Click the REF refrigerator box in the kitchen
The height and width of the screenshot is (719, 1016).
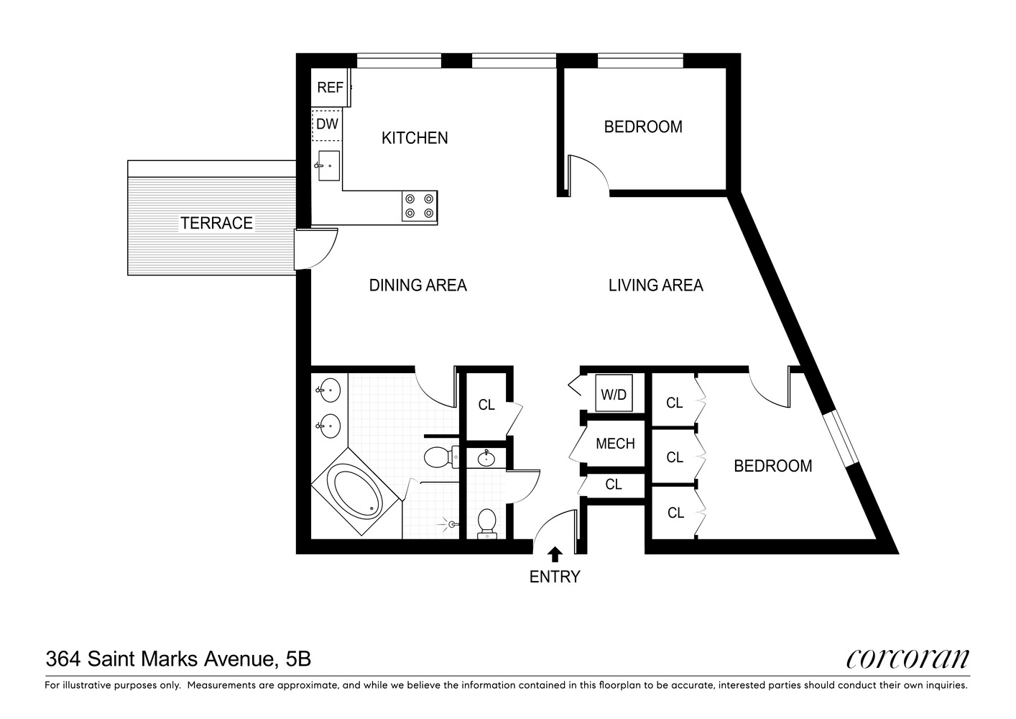330,88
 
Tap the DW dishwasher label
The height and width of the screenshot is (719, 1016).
327,124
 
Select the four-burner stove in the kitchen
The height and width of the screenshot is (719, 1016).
419,206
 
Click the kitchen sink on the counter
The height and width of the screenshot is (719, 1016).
328,166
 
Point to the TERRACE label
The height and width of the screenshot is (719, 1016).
216,224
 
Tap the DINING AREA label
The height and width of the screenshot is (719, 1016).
417,285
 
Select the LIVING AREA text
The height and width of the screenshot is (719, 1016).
655,285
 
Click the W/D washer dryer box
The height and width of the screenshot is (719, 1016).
614,394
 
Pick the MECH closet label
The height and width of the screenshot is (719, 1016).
615,444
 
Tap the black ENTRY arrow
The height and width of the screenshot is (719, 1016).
555,554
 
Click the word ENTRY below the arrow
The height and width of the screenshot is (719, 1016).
554,577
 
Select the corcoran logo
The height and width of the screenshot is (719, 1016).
908,658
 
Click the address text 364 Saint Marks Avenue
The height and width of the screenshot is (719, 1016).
178,659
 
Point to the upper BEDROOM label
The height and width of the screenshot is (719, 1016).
643,127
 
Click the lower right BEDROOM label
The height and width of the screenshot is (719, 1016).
772,466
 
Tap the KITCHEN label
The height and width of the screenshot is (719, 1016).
415,138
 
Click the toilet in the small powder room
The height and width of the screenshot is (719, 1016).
486,522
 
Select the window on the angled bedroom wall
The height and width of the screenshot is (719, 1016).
841,438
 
